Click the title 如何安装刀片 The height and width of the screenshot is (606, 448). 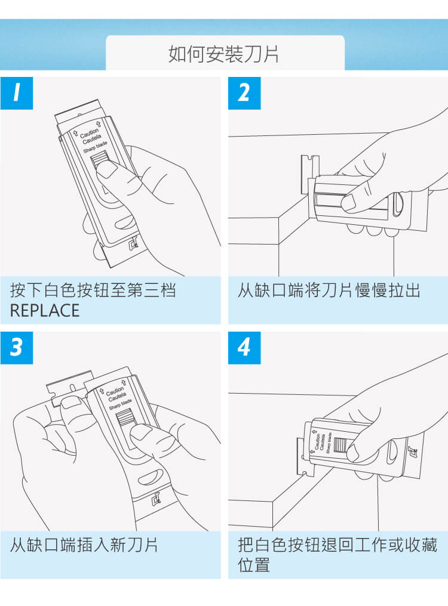pyautogui.click(x=224, y=54)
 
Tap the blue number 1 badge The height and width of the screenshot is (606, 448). pyautogui.click(x=17, y=93)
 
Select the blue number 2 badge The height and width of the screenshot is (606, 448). pyautogui.click(x=244, y=93)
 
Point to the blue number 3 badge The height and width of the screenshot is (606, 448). pyautogui.click(x=17, y=348)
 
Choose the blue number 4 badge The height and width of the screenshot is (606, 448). pyautogui.click(x=244, y=348)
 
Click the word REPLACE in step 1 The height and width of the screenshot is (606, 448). pyautogui.click(x=45, y=311)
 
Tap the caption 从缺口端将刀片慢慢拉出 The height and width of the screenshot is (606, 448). pyautogui.click(x=329, y=290)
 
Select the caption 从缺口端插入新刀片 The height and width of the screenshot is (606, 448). pyautogui.click(x=84, y=545)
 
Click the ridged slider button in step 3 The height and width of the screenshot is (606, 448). pyautogui.click(x=123, y=419)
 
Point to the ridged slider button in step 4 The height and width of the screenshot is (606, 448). pyautogui.click(x=339, y=445)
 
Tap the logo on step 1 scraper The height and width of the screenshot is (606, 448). pyautogui.click(x=134, y=243)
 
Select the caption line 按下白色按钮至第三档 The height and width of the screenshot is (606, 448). pyautogui.click(x=93, y=290)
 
